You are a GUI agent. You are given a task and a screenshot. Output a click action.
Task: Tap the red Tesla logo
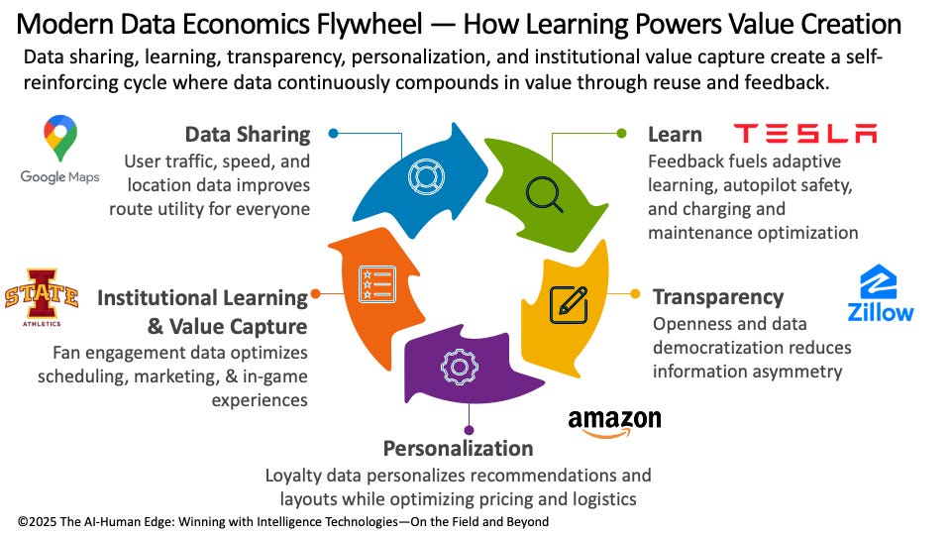[x=804, y=134]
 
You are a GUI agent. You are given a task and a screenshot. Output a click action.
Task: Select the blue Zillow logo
[x=880, y=294]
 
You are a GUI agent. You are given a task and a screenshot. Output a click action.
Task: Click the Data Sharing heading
[x=248, y=134]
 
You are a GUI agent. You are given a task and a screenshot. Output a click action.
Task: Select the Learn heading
[x=675, y=134]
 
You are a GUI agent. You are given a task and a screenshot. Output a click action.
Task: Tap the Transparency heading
[x=717, y=296]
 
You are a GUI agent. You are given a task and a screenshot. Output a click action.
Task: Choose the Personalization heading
[x=458, y=448]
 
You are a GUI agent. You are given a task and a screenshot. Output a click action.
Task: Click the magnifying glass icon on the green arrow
[x=544, y=192]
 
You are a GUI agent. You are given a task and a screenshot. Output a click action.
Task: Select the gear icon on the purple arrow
[x=459, y=368]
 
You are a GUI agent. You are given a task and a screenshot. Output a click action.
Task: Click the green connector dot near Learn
[x=622, y=133]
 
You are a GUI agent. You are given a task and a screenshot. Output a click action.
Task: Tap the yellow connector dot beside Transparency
[x=636, y=293]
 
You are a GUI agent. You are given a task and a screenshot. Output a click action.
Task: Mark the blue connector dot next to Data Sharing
[x=334, y=133]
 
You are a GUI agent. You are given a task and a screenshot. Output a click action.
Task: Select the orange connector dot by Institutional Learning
[x=315, y=293]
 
